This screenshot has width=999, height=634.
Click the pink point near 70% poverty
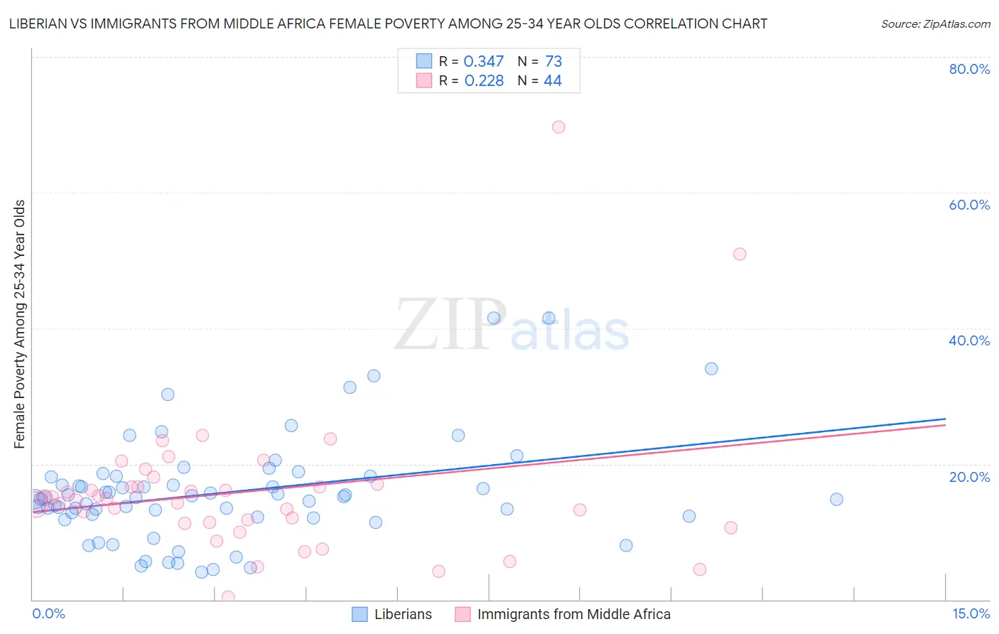pyautogui.click(x=558, y=127)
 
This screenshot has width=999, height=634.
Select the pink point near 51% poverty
pyautogui.click(x=740, y=254)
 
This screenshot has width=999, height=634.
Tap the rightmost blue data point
pyautogui.click(x=836, y=500)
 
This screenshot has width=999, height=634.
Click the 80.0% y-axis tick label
pyautogui.click(x=969, y=69)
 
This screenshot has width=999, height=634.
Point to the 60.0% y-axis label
pyautogui.click(x=969, y=205)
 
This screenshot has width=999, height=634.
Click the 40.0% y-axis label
pyautogui.click(x=969, y=340)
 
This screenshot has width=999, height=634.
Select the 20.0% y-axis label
pyautogui.click(x=969, y=477)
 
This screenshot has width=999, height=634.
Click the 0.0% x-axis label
pyautogui.click(x=48, y=613)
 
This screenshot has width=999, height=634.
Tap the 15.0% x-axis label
pyautogui.click(x=971, y=613)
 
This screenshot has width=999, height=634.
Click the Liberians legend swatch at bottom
pyautogui.click(x=360, y=614)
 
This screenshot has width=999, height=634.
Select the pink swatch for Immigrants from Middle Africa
pyautogui.click(x=463, y=614)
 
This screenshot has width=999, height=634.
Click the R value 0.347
pyautogui.click(x=483, y=62)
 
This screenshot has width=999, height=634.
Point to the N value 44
pyautogui.click(x=553, y=81)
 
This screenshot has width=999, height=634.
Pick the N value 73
pyautogui.click(x=553, y=62)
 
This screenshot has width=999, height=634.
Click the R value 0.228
pyautogui.click(x=484, y=81)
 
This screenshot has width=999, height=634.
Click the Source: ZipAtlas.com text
pyautogui.click(x=935, y=24)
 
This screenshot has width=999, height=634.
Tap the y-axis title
pyautogui.click(x=20, y=324)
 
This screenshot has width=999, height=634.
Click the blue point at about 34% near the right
pyautogui.click(x=711, y=369)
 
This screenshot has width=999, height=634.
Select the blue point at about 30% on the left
pyautogui.click(x=168, y=394)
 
